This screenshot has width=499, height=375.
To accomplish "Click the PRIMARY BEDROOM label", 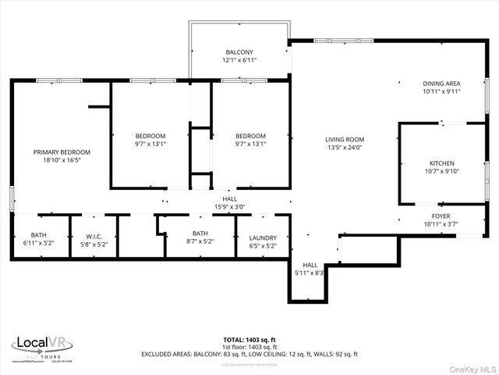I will point(62,152).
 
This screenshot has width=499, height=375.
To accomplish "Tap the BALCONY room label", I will point(240,52).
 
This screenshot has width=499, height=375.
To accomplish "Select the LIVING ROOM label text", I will point(345,139).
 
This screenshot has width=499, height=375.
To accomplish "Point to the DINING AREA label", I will point(441,84).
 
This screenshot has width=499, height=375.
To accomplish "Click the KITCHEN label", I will point(441,163).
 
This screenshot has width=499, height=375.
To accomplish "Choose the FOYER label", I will point(441,216).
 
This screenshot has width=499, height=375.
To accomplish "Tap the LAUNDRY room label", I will point(263,237).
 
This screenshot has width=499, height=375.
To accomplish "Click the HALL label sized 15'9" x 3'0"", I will point(230,198).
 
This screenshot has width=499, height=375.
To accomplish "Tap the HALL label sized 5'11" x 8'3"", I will point(310,265).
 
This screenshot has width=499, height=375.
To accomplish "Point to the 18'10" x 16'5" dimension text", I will point(62,160).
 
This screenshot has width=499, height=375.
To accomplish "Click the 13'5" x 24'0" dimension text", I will point(345,148).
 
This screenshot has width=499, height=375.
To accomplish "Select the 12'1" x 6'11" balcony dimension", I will point(240,60).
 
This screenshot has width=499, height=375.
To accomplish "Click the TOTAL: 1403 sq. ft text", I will point(249,340).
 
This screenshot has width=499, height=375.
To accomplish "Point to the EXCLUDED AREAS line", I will point(249,354).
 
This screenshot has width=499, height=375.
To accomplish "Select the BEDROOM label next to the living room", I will point(251,135).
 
